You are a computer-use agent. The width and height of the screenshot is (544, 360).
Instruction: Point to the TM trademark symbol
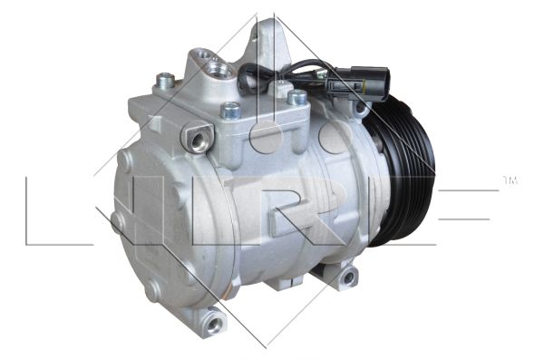[510, 180]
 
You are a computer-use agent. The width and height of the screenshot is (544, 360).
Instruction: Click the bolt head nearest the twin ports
[166, 80]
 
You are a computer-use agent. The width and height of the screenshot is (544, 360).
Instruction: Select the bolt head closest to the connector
[297, 97]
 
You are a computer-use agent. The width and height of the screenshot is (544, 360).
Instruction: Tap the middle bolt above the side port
[230, 110]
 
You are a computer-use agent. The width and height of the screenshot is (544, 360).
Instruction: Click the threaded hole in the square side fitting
[199, 141]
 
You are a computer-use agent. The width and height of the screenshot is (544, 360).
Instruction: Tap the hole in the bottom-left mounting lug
[214, 324]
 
